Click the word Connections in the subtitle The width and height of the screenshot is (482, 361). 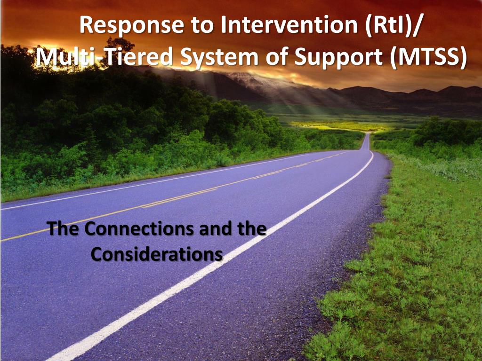pyautogui.click(x=140, y=229)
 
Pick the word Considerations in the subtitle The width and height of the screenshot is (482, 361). pyautogui.click(x=157, y=254)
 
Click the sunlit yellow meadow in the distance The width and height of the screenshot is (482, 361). pyautogui.click(x=339, y=126)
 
